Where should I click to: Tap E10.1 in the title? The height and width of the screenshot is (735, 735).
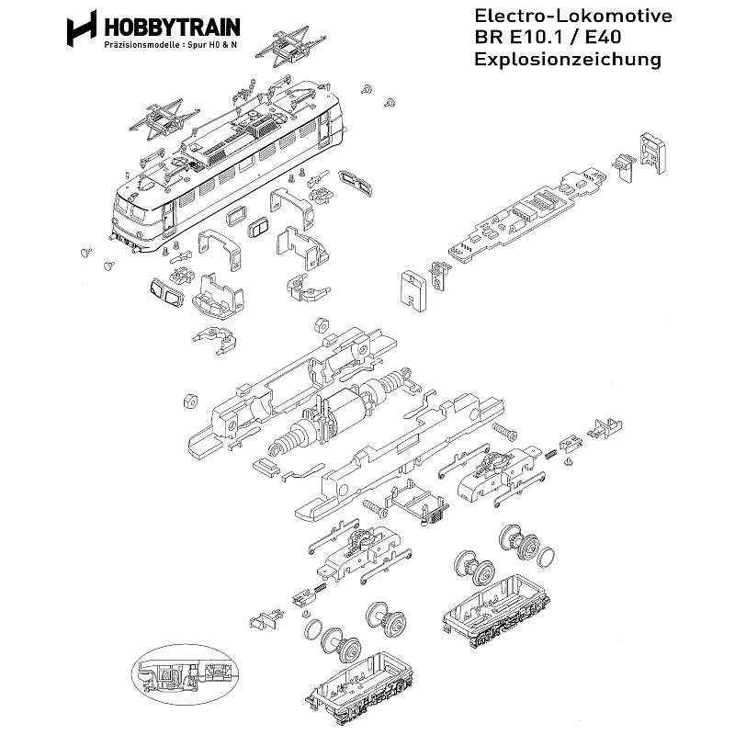tap(536, 39)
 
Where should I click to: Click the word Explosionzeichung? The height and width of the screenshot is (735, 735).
tap(567, 61)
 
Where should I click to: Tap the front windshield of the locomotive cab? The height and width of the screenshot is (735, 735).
tap(137, 208)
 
